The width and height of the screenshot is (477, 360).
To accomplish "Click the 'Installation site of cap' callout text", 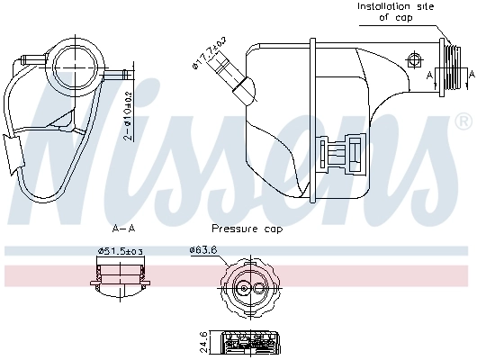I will (395, 11).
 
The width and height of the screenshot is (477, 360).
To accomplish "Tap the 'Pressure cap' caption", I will (247, 229).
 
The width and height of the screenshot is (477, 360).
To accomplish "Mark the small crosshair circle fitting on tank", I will (414, 60).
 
